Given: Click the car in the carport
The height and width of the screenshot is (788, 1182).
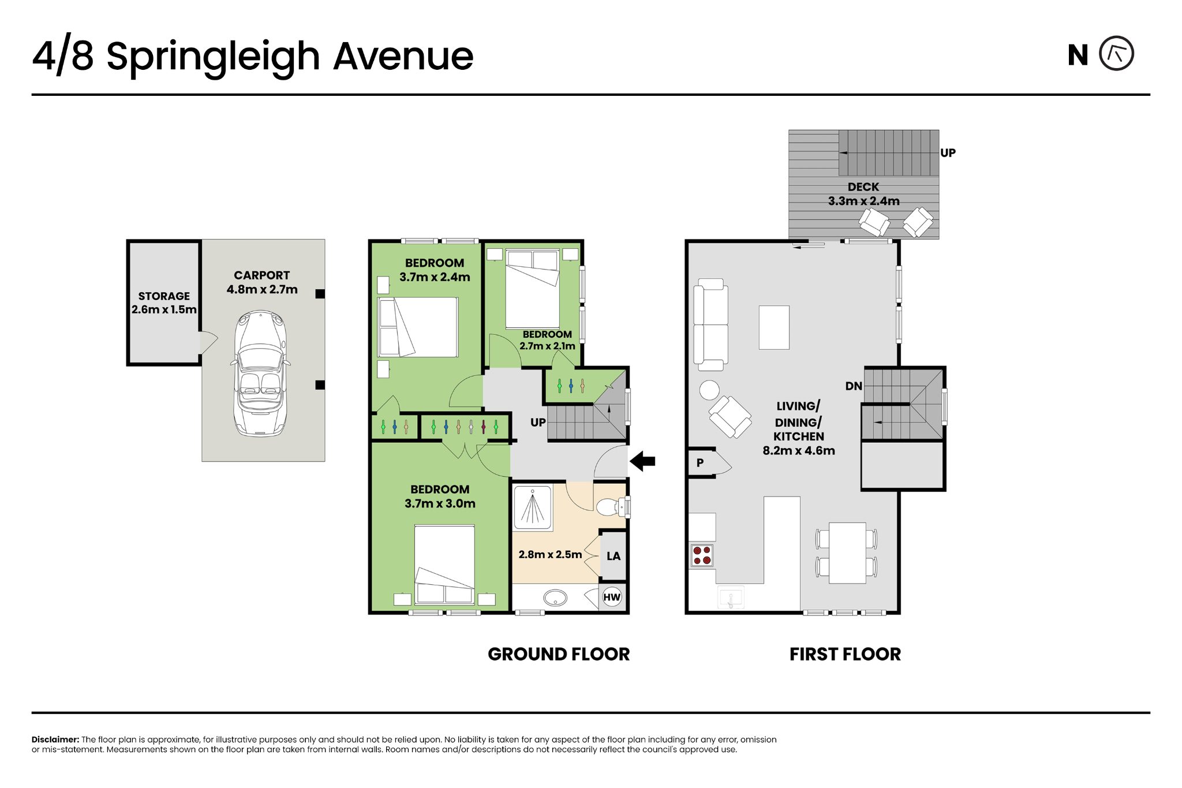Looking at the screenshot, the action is pyautogui.click(x=260, y=374).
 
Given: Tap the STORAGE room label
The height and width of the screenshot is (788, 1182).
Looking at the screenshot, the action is pyautogui.click(x=164, y=296).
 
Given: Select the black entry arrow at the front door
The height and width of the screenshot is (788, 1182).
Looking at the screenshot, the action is pyautogui.click(x=642, y=461).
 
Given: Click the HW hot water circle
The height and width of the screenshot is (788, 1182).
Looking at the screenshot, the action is pyautogui.click(x=612, y=597).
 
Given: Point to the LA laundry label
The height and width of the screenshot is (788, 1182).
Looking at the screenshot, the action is pyautogui.click(x=614, y=556).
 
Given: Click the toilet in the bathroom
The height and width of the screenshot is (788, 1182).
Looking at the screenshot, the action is pyautogui.click(x=612, y=507).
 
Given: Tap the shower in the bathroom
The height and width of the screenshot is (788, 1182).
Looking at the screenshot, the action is pyautogui.click(x=533, y=508).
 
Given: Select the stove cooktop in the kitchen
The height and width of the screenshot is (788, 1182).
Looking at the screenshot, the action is pyautogui.click(x=702, y=555).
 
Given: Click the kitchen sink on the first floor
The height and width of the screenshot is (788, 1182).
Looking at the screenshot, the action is pyautogui.click(x=731, y=597).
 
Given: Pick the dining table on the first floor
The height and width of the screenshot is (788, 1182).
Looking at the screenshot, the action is pyautogui.click(x=847, y=553).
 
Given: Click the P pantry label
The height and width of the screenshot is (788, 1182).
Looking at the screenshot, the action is pyautogui.click(x=700, y=463).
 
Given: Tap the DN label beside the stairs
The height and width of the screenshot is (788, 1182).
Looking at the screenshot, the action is pyautogui.click(x=854, y=386).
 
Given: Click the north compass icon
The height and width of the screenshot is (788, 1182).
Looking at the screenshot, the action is pyautogui.click(x=1116, y=54).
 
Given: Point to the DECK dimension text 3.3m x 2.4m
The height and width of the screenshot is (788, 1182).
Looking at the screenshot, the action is pyautogui.click(x=863, y=201).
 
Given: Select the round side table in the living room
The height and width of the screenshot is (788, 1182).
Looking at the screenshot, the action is pyautogui.click(x=709, y=390).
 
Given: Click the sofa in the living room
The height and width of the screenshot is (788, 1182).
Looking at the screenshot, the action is pyautogui.click(x=710, y=324).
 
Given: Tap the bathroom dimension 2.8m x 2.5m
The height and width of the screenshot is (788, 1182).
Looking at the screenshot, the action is pyautogui.click(x=550, y=554).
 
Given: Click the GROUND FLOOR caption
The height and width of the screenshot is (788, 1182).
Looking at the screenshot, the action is pyautogui.click(x=559, y=654).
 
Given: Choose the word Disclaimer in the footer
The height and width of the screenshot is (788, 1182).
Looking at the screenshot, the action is pyautogui.click(x=55, y=740).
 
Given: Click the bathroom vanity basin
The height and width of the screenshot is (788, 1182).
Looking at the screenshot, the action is pyautogui.click(x=555, y=597).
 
